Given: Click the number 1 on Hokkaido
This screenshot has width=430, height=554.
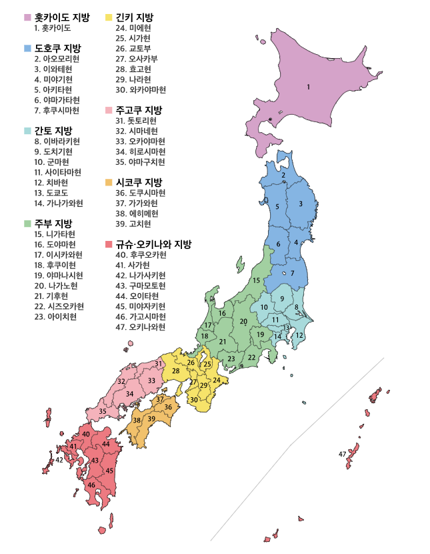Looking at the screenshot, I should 309,87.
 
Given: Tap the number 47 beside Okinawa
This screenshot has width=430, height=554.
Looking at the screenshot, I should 342,454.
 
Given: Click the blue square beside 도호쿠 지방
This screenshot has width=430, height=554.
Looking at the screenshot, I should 27,49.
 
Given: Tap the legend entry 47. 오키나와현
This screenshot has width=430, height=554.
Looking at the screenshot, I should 140,326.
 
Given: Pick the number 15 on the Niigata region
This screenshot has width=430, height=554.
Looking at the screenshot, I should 256,280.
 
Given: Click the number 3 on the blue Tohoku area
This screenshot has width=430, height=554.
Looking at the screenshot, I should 301,204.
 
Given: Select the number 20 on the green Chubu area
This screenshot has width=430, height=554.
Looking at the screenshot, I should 244,322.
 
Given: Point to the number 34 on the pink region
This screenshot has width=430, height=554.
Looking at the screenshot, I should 130,394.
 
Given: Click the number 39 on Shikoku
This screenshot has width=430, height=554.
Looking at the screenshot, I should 151,419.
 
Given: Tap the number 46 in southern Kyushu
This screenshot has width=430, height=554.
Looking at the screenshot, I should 91,485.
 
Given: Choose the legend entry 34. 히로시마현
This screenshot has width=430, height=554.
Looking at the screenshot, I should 140,151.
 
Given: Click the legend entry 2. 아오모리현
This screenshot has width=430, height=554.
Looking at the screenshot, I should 57,59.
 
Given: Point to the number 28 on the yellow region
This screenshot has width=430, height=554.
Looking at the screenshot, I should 176,370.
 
